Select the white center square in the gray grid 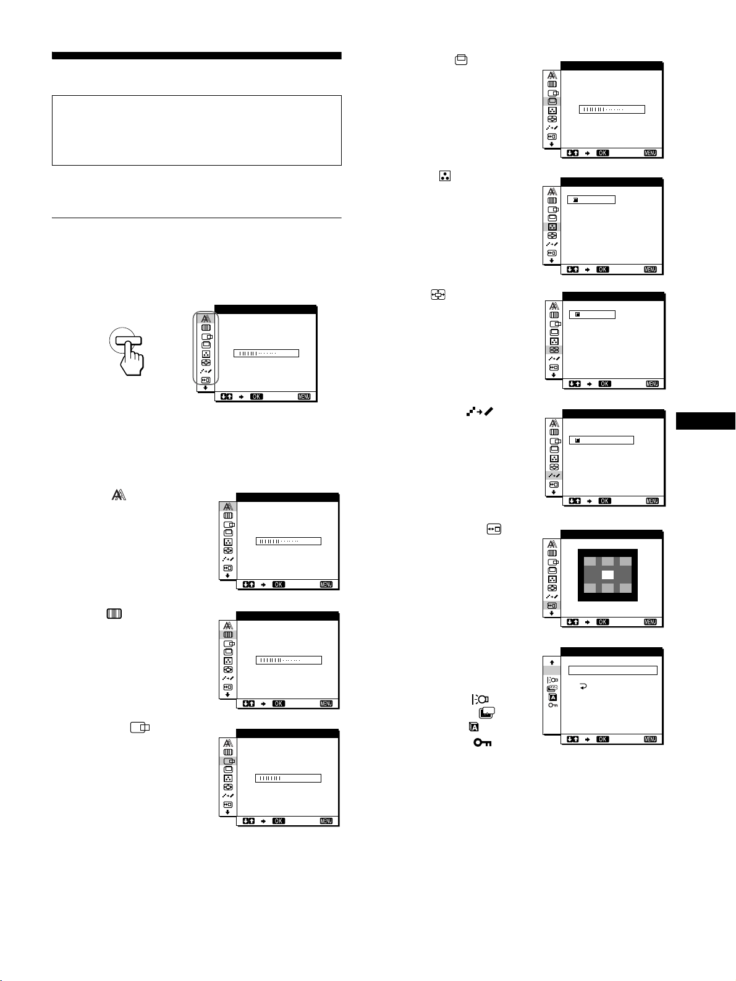(607, 575)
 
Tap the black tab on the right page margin (706, 421)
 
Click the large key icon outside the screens (483, 742)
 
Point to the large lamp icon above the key (480, 699)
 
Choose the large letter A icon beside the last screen (474, 727)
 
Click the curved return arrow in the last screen (583, 686)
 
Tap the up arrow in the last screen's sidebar (552, 662)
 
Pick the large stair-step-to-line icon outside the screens (480, 412)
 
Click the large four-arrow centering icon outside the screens (438, 294)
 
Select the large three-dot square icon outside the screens (445, 176)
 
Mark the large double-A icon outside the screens (119, 495)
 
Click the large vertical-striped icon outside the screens (114, 614)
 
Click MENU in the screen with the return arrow (650, 739)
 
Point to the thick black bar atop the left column (197, 56)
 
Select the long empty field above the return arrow (613, 671)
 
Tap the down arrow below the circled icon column (205, 388)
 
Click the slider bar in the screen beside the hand (266, 354)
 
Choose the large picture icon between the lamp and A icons (487, 713)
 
